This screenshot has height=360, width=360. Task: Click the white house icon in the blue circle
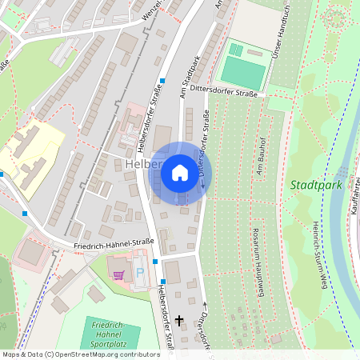click(180, 172)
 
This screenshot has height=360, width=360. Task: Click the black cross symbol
click(179, 320)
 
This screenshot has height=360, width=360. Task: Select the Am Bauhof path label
click(259, 161)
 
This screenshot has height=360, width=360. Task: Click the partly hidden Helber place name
click(143, 166)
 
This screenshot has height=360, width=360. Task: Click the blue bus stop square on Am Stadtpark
click(162, 81)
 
